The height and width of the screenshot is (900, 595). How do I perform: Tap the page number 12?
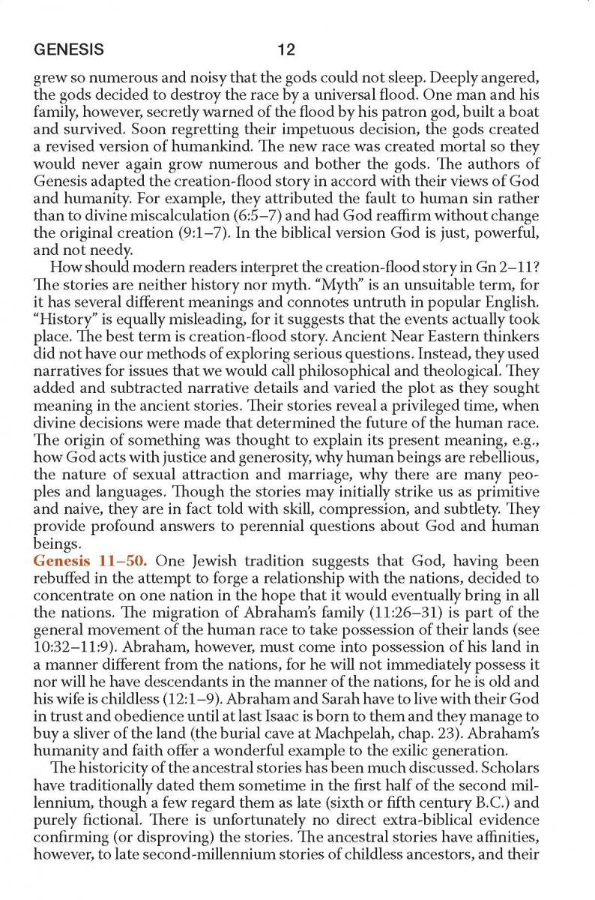click(x=286, y=50)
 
